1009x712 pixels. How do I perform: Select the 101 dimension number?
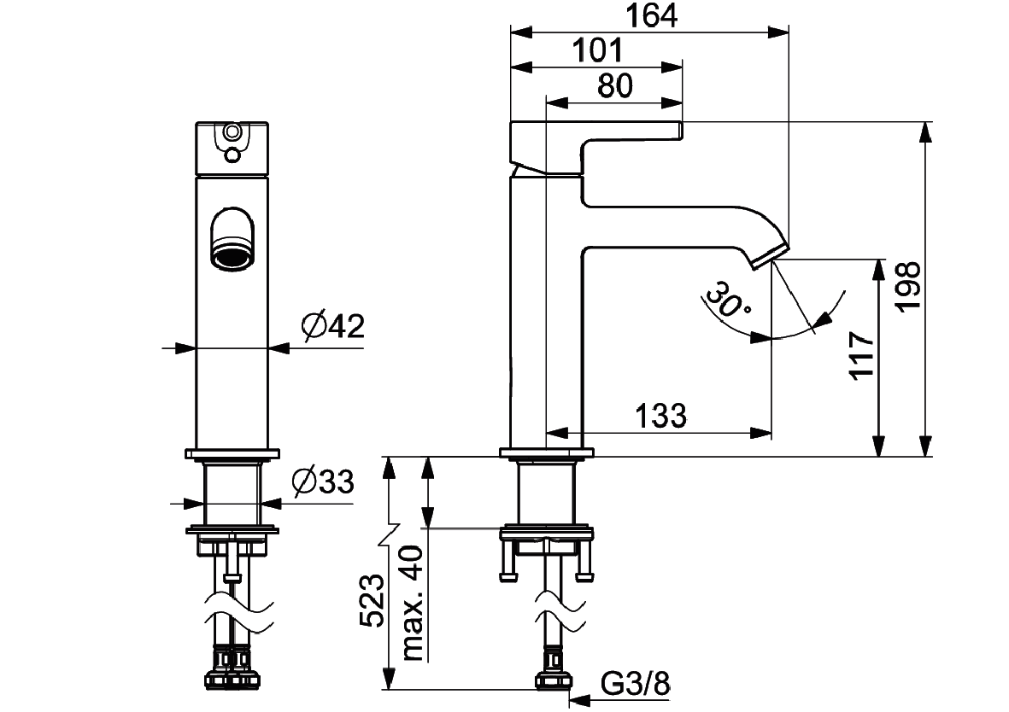[x=598, y=50]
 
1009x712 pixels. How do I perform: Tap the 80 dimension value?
[x=614, y=85]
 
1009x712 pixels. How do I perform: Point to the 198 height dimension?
[x=909, y=286]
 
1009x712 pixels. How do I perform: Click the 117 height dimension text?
[x=862, y=356]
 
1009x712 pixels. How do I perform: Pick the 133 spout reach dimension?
[x=661, y=416]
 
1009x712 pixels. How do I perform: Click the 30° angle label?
[x=728, y=300]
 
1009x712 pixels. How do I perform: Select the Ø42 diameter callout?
[x=332, y=326]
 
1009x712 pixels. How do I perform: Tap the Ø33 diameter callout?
[x=323, y=481]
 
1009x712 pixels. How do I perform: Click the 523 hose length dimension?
[x=372, y=600]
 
